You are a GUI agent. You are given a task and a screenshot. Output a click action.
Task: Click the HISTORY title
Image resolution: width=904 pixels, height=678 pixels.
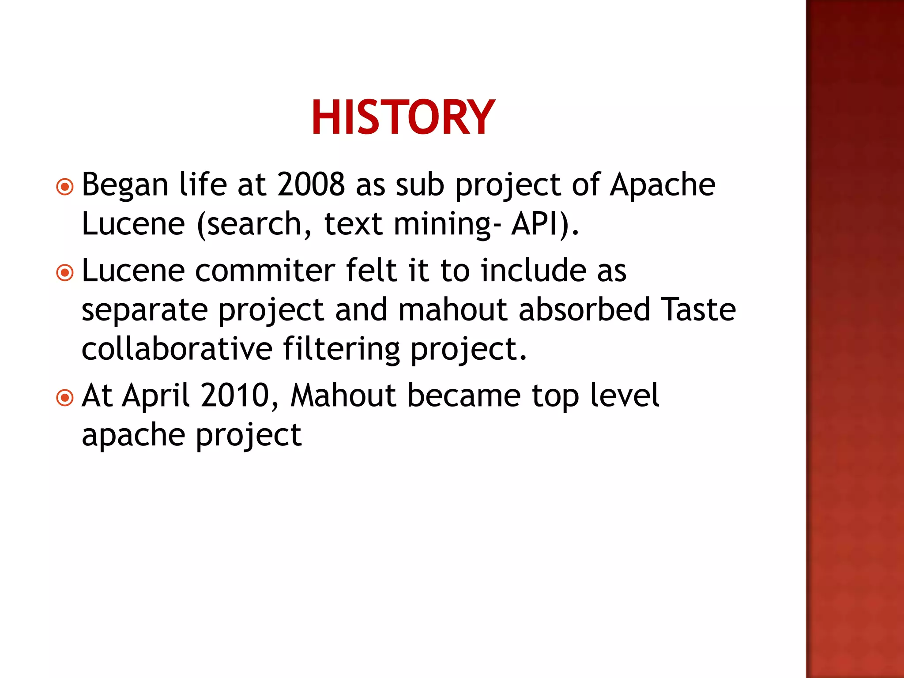(403, 117)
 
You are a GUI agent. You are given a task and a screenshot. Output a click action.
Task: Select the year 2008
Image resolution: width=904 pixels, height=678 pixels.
(311, 185)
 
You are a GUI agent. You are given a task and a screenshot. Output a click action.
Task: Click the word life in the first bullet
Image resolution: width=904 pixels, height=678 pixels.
(203, 185)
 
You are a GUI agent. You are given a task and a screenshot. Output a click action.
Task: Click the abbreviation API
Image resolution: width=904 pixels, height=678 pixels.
(535, 224)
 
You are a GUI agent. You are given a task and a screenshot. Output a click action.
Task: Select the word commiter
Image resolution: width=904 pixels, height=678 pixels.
(265, 270)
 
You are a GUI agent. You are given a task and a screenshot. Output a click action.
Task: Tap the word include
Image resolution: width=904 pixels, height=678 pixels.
(534, 270)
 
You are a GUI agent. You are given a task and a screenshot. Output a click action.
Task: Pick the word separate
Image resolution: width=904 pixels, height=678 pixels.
(145, 310)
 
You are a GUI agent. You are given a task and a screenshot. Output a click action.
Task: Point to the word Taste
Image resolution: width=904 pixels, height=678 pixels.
(700, 309)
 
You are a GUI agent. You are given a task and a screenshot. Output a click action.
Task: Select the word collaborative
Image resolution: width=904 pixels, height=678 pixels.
(177, 349)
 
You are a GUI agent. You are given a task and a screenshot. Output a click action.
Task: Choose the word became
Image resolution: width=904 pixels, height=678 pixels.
(464, 395)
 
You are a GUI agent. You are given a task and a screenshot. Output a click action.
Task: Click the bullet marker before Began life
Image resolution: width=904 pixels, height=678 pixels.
(65, 187)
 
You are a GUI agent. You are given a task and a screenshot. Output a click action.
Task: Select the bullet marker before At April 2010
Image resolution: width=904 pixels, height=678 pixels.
(65, 398)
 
